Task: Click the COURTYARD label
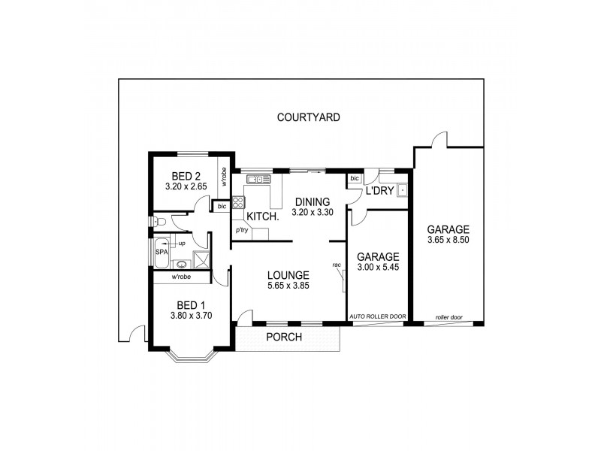(x=308, y=117)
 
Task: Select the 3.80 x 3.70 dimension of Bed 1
(x=191, y=316)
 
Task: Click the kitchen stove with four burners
(x=238, y=201)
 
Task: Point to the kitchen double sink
(x=255, y=179)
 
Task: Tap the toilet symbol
(x=159, y=222)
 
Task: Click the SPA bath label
(x=161, y=252)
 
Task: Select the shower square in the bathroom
(x=201, y=260)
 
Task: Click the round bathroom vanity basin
(x=181, y=264)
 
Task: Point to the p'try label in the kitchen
(x=242, y=230)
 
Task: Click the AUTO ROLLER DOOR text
(x=378, y=317)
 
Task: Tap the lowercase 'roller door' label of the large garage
(x=448, y=317)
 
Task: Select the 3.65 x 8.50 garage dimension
(x=448, y=241)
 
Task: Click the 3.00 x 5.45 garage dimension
(x=377, y=268)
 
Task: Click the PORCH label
(x=284, y=337)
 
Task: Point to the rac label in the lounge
(x=337, y=265)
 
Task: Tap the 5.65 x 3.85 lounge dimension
(x=288, y=286)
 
